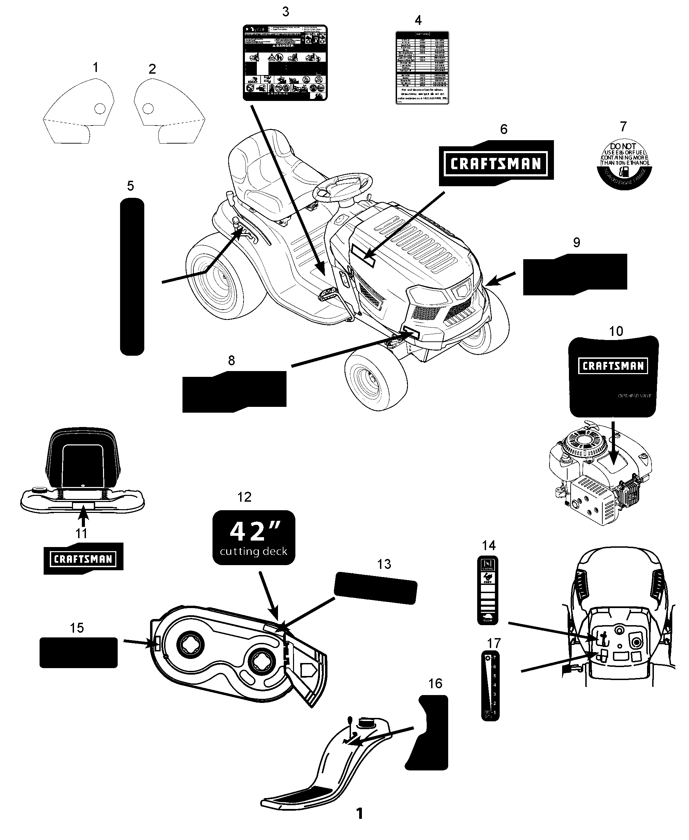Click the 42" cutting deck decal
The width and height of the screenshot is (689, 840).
click(x=254, y=537)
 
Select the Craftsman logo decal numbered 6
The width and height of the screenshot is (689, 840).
click(x=496, y=163)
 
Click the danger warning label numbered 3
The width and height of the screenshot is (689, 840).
click(x=285, y=63)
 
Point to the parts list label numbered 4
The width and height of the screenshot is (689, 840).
click(x=422, y=68)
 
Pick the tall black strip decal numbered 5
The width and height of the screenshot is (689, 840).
click(x=132, y=277)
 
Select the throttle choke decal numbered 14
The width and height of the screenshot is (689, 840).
click(x=487, y=590)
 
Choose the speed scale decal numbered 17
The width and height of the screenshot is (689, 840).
click(x=490, y=685)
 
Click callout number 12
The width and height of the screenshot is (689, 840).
click(x=245, y=497)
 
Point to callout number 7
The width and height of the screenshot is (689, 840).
click(x=623, y=127)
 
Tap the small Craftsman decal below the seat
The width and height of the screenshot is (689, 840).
click(x=83, y=559)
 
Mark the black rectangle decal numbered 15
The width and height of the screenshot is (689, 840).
click(x=78, y=652)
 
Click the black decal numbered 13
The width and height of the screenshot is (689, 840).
click(x=376, y=588)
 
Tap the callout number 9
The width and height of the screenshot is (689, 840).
click(x=576, y=242)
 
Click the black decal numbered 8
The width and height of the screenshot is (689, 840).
click(x=234, y=391)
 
